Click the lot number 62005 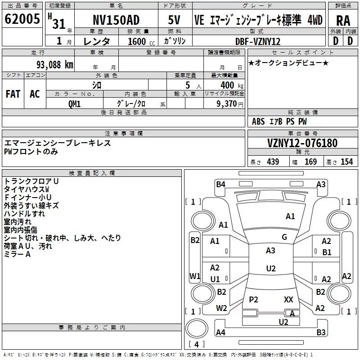click(22, 18)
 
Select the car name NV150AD click(116, 20)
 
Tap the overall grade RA click(343, 21)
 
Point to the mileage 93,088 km click(54, 65)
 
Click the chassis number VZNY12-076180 click(302, 143)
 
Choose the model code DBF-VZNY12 click(258, 41)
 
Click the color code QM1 click(74, 104)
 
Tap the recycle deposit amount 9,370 click(227, 104)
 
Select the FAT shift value click(13, 94)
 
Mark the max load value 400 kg click(232, 85)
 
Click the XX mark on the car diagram click(288, 299)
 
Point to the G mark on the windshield click(284, 237)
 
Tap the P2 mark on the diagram click(253, 299)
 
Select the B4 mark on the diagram click(220, 184)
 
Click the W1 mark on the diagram click(195, 276)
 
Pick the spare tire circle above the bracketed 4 click(197, 328)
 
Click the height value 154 click(346, 162)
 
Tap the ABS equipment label click(258, 121)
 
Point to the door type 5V click(174, 20)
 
